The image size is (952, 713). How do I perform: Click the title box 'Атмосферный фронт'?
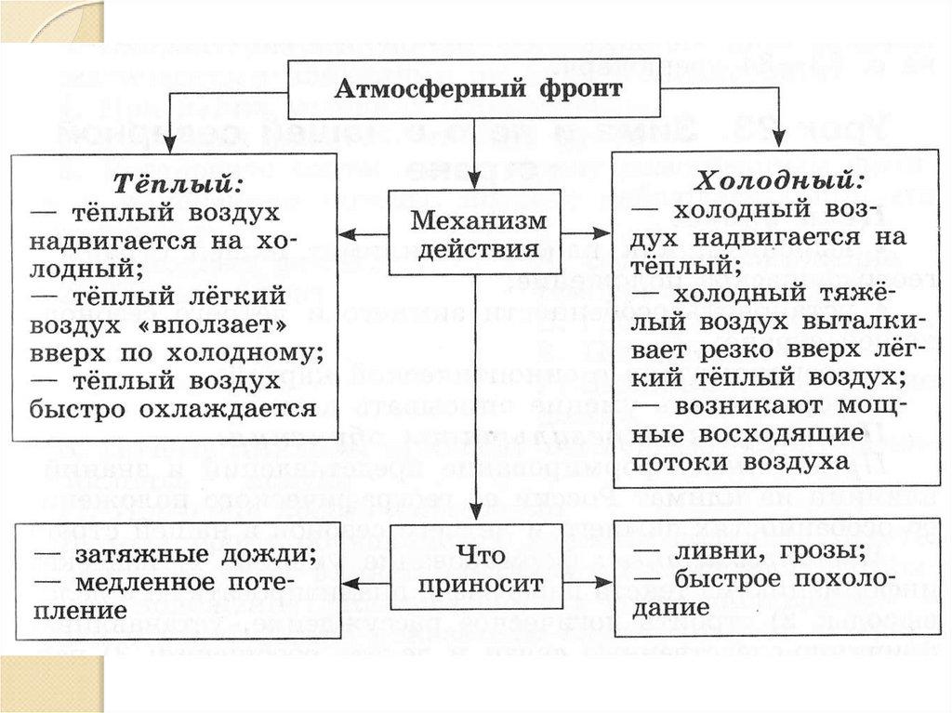(x=478, y=91)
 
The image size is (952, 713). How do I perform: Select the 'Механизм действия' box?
(x=474, y=232)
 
